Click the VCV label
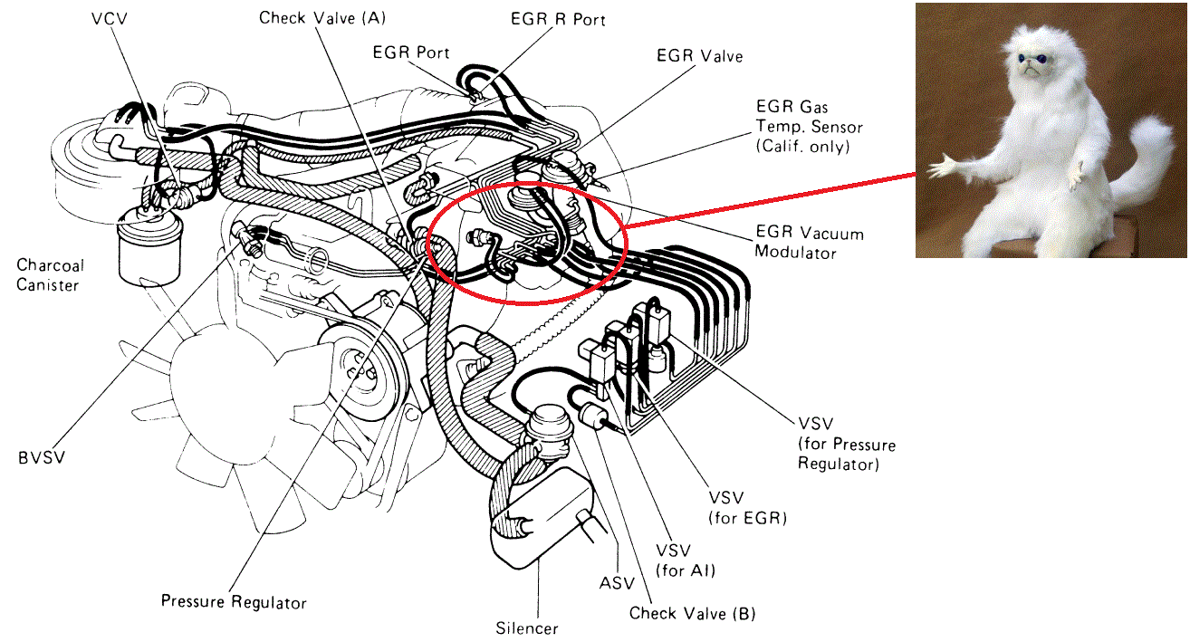[110, 18]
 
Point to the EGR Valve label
[699, 56]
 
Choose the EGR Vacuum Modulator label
[809, 243]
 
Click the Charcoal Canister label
[50, 275]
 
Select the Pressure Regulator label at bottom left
[234, 602]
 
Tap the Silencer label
[527, 628]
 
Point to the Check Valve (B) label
[692, 613]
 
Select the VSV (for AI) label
[686, 561]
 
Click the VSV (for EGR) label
[746, 509]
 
